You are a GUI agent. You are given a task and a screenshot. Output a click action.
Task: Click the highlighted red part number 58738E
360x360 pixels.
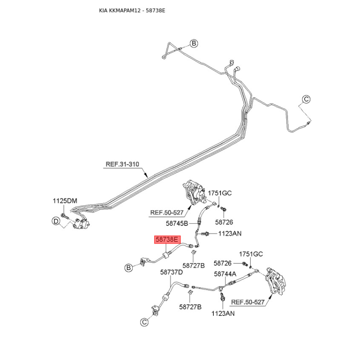point(167,240)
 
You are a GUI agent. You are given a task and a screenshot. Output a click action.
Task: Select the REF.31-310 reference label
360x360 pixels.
point(122,165)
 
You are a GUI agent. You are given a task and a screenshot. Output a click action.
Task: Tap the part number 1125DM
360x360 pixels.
point(66,201)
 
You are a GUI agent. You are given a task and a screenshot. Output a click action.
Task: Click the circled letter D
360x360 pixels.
point(56,221)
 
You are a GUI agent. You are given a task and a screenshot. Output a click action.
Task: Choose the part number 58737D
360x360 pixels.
point(171,272)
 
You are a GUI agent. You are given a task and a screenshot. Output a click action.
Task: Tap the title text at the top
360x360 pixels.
point(132,10)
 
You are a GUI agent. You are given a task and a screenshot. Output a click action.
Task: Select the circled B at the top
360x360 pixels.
point(193,43)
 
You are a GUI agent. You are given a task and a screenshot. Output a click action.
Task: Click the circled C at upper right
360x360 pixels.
point(306,99)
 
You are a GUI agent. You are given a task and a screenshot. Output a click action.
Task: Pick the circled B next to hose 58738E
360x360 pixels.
point(128,268)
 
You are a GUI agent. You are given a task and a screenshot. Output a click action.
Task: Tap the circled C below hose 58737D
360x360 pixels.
point(144,322)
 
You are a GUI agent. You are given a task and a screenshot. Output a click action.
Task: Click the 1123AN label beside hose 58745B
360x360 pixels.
point(230,234)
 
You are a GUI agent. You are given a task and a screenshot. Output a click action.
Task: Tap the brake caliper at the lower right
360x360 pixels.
point(274,281)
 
